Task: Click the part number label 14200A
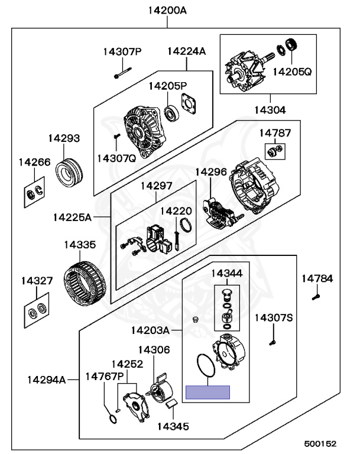coord(167,10)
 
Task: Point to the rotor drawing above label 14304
coord(248,70)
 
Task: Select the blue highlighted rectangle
coord(207,392)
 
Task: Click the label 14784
coord(317,278)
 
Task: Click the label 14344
coord(227,273)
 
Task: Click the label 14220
coord(176,210)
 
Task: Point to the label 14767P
coord(104,376)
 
